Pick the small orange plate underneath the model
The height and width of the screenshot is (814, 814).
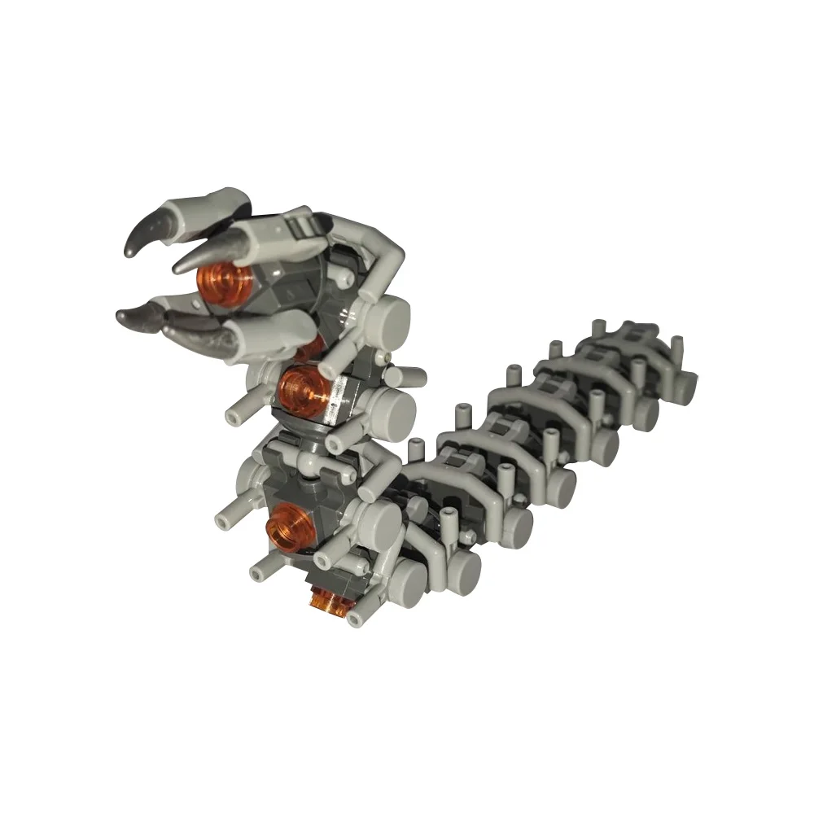tap(329, 600)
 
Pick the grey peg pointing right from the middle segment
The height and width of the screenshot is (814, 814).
tap(411, 377)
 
